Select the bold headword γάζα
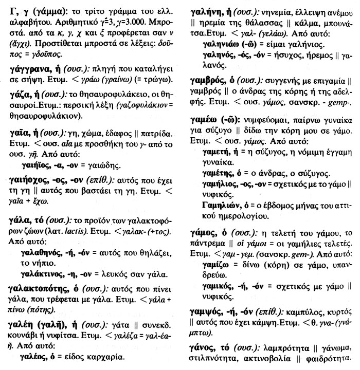click(17, 94)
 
